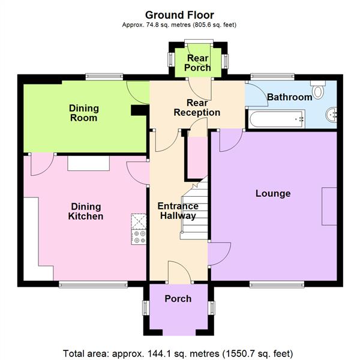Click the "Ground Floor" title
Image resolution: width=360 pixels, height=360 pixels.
[x=179, y=14]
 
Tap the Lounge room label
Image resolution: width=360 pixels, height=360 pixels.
[x=272, y=194]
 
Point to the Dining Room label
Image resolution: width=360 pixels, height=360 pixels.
[x=83, y=113]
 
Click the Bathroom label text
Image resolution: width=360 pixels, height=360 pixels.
[x=289, y=97]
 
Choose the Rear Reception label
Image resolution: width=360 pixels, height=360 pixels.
[x=196, y=107]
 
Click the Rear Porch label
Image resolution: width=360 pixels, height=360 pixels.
[x=198, y=63]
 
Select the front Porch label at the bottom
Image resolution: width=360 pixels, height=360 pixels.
[x=178, y=299]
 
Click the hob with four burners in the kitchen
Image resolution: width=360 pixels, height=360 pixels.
[x=139, y=237]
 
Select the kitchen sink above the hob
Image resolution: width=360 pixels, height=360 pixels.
[x=139, y=221]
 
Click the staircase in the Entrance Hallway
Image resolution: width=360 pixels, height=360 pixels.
[x=195, y=210]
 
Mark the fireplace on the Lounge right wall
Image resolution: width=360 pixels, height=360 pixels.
[x=329, y=206]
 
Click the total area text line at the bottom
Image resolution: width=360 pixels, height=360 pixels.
[x=179, y=352]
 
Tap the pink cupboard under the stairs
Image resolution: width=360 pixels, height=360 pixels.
[x=195, y=157]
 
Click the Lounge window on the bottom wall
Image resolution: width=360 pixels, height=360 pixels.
[x=277, y=284]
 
